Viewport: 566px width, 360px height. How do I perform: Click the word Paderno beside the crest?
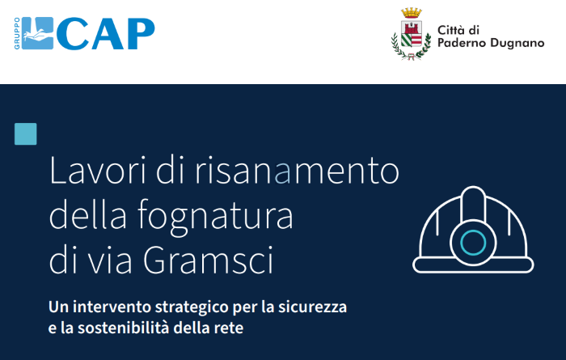point(462,44)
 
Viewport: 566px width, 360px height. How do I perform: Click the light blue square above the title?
point(26,133)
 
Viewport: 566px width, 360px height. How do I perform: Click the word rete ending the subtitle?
point(228,328)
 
